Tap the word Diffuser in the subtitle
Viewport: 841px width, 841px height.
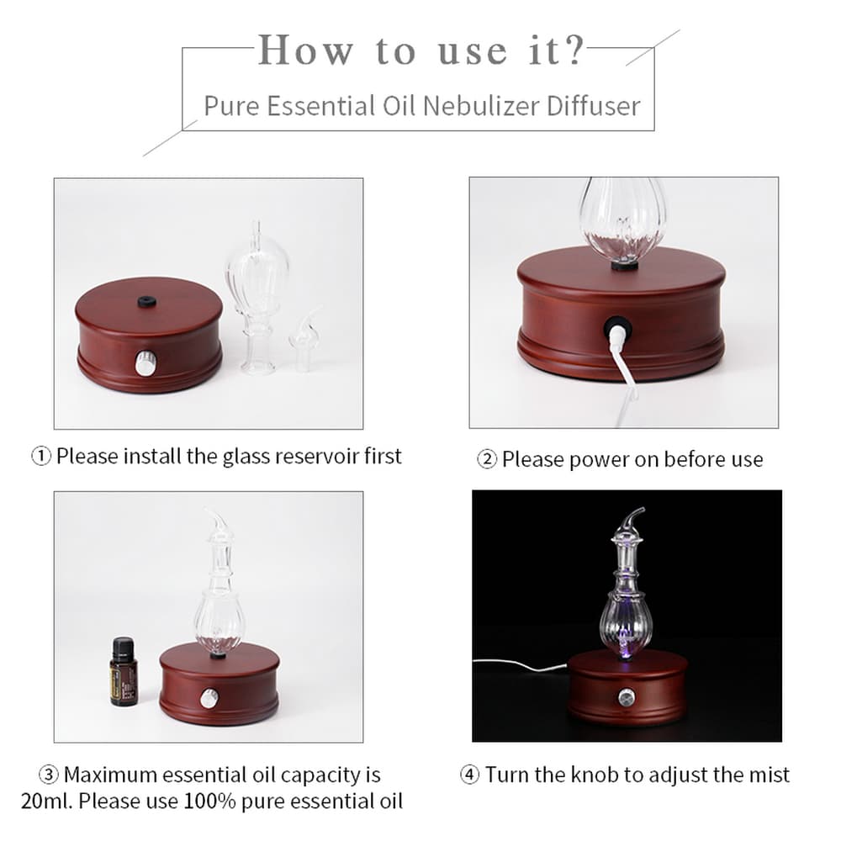(x=594, y=106)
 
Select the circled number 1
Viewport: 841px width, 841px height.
(x=41, y=457)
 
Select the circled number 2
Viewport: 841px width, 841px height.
(x=487, y=460)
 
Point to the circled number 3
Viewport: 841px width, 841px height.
(x=49, y=775)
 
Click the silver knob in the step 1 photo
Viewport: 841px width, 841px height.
(x=143, y=362)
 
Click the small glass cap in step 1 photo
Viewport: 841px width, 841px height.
(x=305, y=341)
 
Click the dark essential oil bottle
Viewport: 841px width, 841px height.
(x=123, y=671)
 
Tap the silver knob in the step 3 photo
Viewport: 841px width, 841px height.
(x=209, y=698)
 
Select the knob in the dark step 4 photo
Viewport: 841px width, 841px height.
(x=626, y=697)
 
